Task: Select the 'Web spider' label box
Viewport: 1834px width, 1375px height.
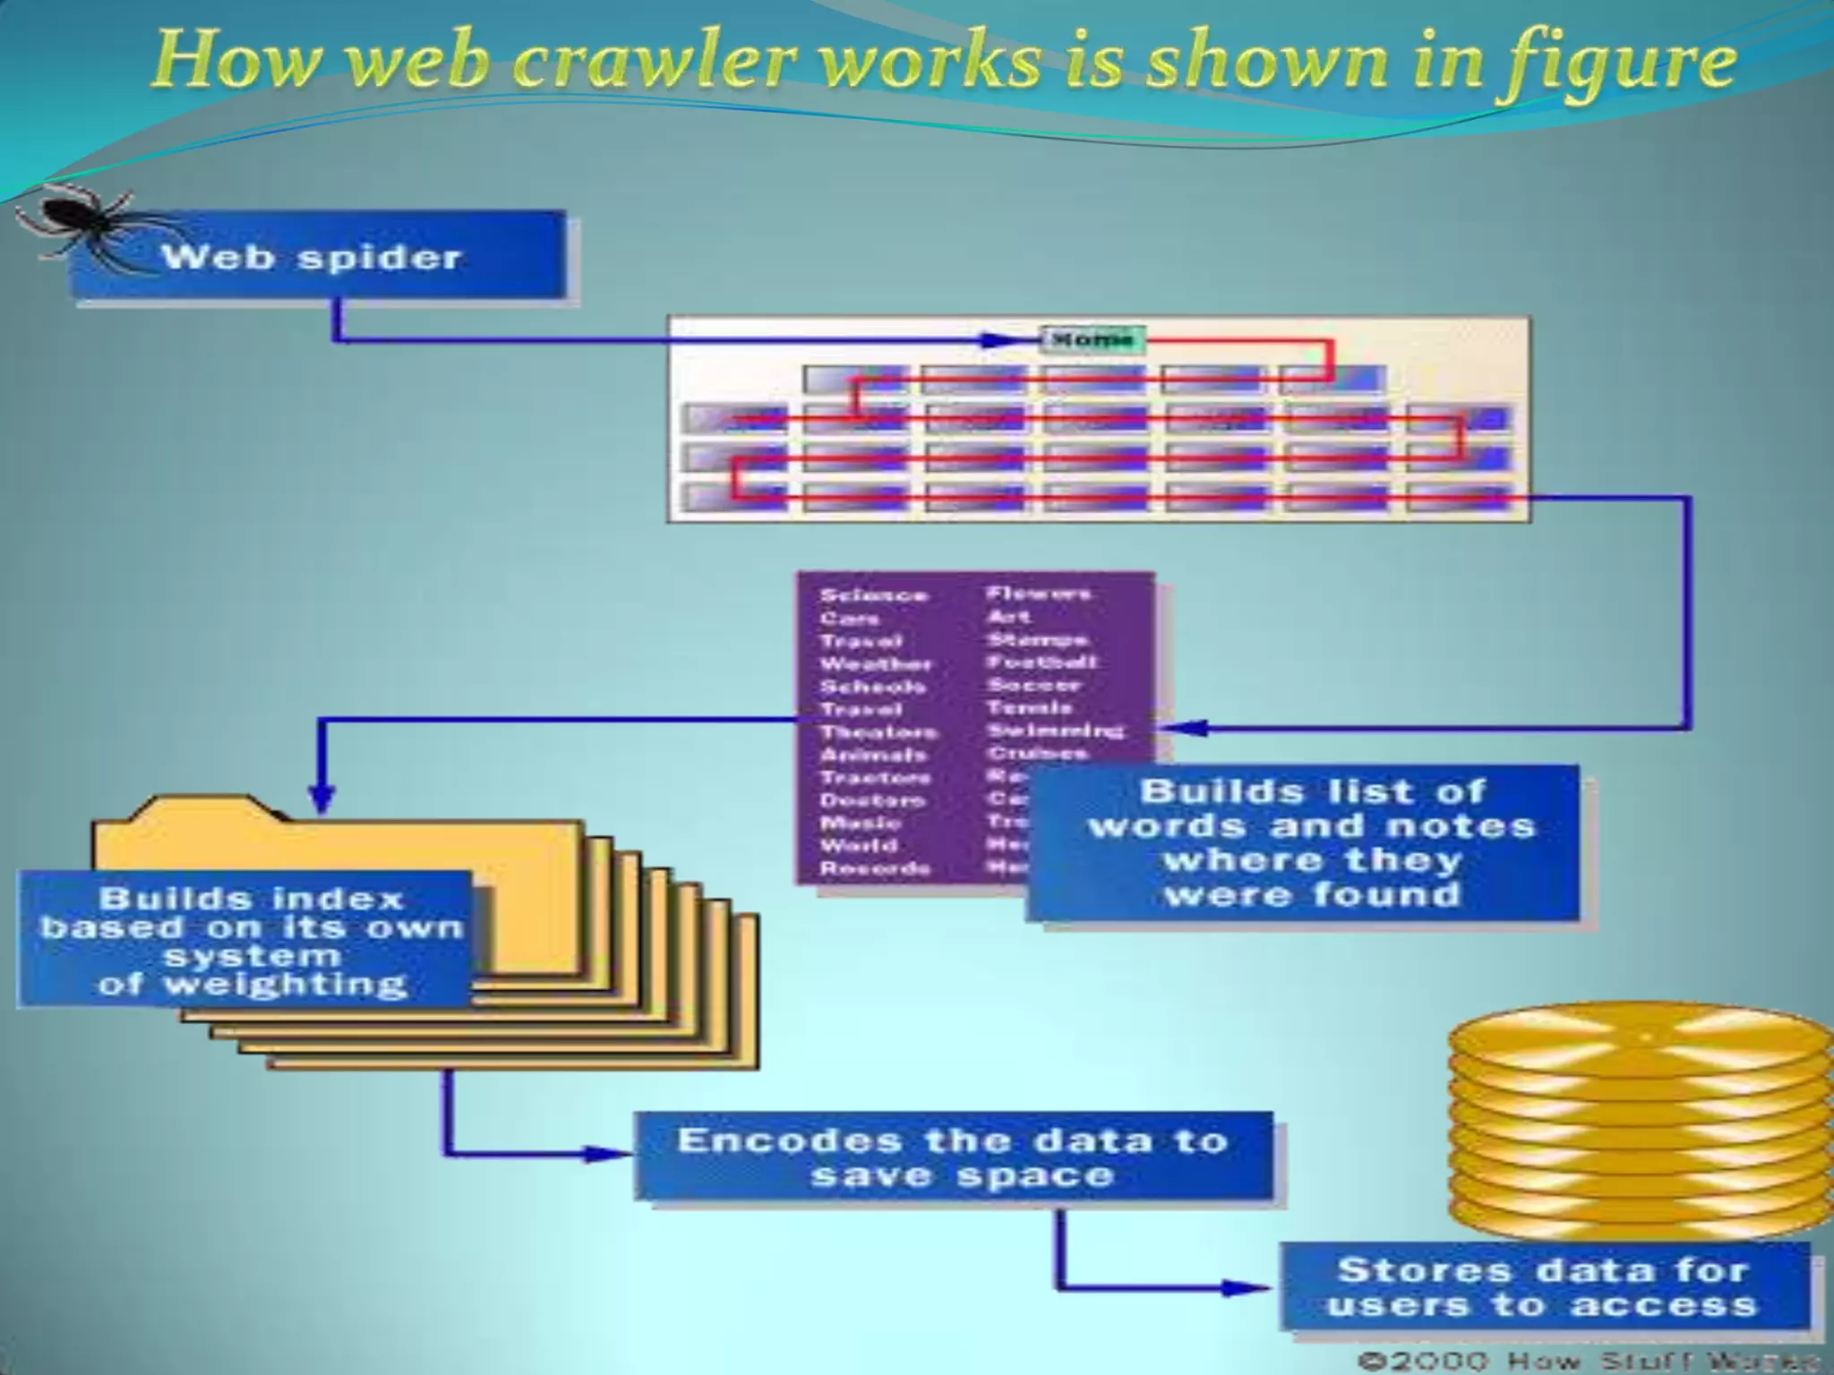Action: point(318,257)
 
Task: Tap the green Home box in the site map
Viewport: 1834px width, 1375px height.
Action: point(1093,339)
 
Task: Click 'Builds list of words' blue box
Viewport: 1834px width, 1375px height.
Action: point(1303,843)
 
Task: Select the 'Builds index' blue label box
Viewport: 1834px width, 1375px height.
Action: point(246,940)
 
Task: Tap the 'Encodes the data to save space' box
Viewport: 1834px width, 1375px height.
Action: point(954,1157)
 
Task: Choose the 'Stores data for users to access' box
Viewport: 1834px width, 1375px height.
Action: point(1545,1286)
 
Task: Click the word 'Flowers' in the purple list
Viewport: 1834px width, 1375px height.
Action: point(1039,594)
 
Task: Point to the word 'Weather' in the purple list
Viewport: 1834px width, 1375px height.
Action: point(876,664)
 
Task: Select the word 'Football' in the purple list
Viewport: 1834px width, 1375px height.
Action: point(1041,662)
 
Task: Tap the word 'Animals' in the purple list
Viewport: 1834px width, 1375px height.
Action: point(873,756)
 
